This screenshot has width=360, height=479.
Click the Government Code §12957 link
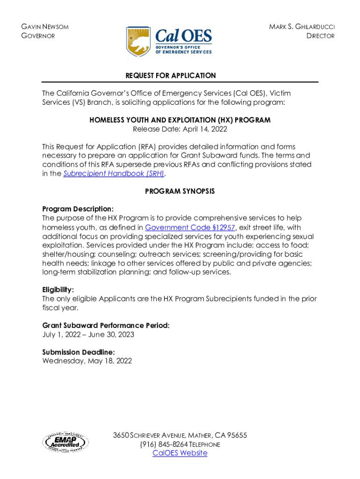point(190,228)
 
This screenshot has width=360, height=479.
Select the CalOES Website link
point(180,453)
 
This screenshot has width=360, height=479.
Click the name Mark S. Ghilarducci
point(302,27)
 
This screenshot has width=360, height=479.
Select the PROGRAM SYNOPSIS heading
point(180,191)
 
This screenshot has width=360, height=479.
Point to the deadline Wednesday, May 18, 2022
point(87,361)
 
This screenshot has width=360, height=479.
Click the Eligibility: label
point(58,290)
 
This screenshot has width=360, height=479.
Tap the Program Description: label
point(78,209)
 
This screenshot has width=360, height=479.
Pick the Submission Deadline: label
point(79,352)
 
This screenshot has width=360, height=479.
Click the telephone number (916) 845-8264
point(164,444)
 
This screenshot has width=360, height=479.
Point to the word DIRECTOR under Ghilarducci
point(320,36)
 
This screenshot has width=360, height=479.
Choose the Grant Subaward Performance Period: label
point(106,325)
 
